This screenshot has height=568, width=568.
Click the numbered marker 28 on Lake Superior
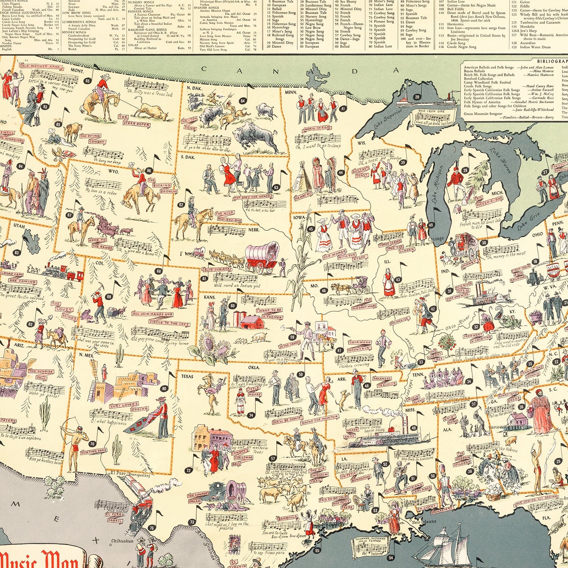click(417, 97)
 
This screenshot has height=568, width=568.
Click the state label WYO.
click(113, 172)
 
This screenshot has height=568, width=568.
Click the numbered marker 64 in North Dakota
click(243, 101)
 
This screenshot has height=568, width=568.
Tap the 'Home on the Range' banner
click(101, 243)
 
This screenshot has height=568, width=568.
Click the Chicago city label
click(437, 239)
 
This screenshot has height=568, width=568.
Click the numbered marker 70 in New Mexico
click(92, 444)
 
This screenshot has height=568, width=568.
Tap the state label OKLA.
click(254, 367)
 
